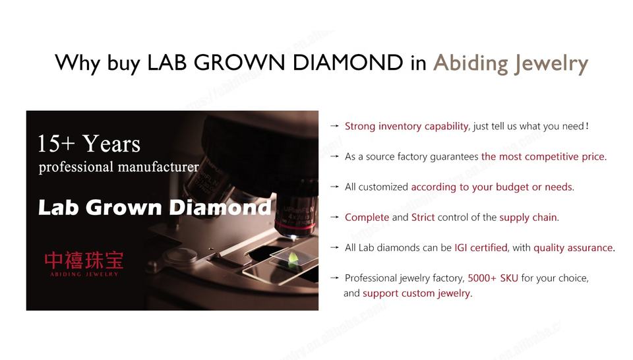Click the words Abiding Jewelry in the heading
510,63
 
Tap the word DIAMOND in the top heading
347,63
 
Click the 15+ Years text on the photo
89,144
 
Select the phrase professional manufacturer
119,167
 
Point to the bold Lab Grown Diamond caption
154,208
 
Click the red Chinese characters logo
84,260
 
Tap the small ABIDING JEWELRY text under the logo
84,274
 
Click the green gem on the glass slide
293,257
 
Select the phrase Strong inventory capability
406,127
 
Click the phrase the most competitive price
543,156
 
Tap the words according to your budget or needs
492,187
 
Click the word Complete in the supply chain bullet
367,218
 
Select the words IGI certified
481,247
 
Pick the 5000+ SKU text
493,278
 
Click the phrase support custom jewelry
416,293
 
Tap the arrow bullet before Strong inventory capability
334,126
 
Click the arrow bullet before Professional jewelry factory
334,278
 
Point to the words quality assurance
573,248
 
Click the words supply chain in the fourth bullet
528,218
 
